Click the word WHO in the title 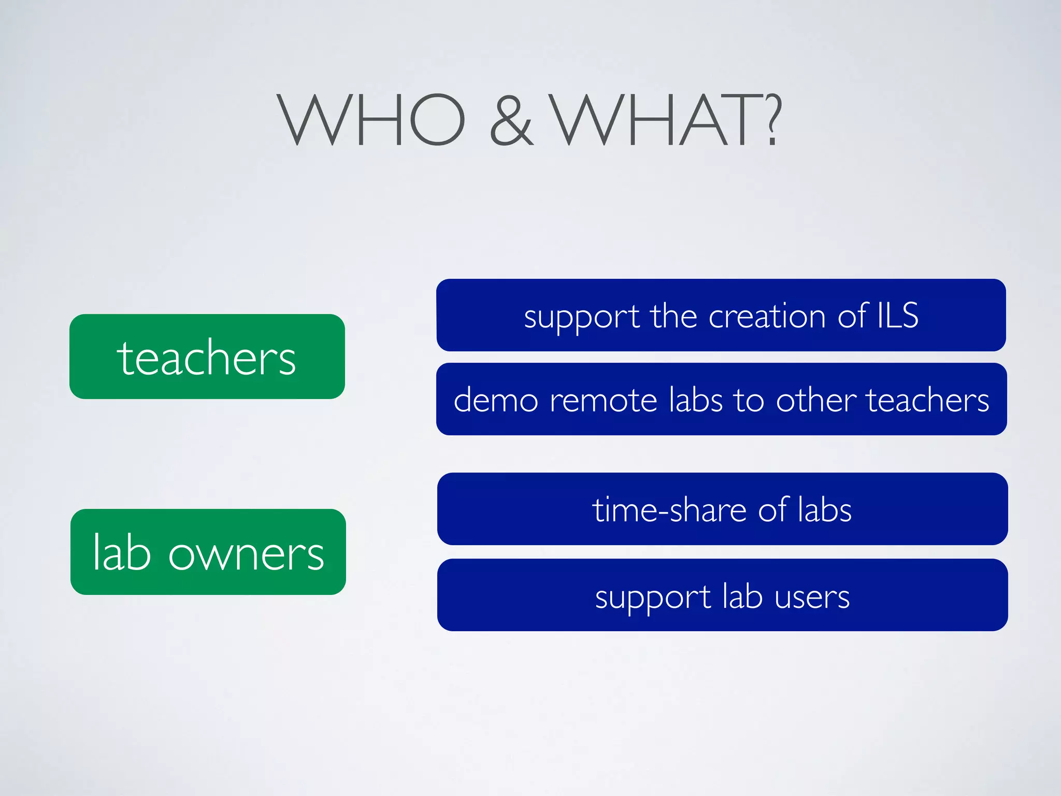pyautogui.click(x=371, y=120)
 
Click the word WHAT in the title pyautogui.click(x=655, y=120)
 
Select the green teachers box pyautogui.click(x=207, y=357)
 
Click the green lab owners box pyautogui.click(x=208, y=552)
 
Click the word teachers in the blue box pyautogui.click(x=928, y=400)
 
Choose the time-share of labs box pyautogui.click(x=722, y=509)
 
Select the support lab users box pyautogui.click(x=722, y=595)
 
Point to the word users pyautogui.click(x=812, y=597)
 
